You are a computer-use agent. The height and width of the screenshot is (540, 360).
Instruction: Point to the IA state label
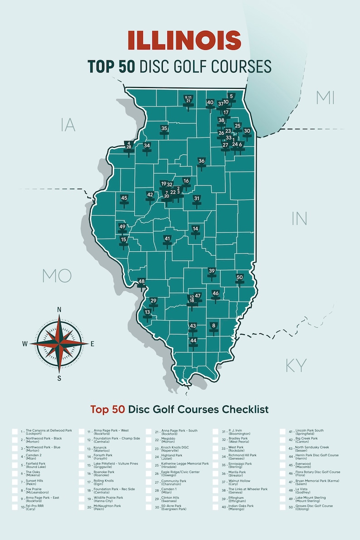coord(68,125)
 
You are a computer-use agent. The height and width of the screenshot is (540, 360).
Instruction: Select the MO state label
coord(57,275)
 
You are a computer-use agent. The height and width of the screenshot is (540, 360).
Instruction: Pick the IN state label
coord(299,219)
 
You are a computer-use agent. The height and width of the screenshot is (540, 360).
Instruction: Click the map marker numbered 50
coord(240,278)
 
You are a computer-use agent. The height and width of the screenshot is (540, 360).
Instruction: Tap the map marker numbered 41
coord(167,239)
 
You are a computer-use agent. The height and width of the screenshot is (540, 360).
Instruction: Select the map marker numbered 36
coord(201,161)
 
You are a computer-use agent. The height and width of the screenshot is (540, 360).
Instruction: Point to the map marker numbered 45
coord(124,199)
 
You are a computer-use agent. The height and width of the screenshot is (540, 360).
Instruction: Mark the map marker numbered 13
coord(147,313)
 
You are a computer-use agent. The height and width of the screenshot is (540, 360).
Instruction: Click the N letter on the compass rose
coord(59,310)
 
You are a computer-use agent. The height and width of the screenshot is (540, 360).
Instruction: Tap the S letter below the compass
coord(59,378)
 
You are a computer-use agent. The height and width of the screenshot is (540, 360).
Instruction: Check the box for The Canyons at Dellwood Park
coord(15,432)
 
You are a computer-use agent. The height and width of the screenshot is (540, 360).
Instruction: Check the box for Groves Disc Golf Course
coord(283,507)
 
